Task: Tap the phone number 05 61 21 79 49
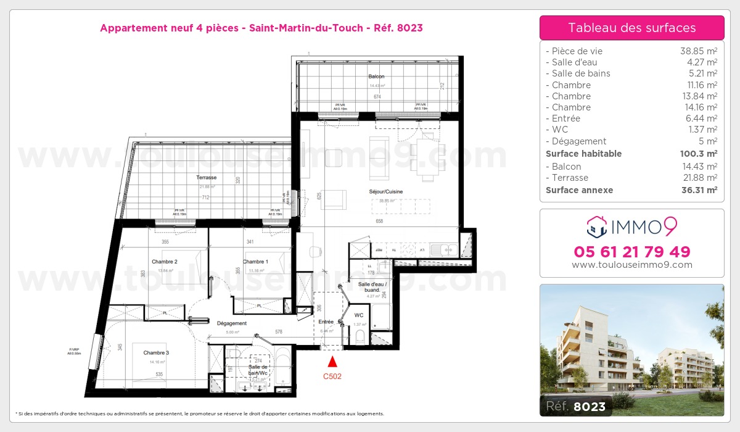[x=632, y=252]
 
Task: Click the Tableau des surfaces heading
[x=632, y=28]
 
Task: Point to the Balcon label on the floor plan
[x=376, y=77]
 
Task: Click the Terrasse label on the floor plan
[x=206, y=177]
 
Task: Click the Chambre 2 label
[x=165, y=262]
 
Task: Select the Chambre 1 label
[x=256, y=262]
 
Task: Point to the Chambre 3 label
[x=156, y=353]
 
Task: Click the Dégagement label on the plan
[x=232, y=323]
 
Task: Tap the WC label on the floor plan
[x=359, y=315]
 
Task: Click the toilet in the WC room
[x=359, y=336]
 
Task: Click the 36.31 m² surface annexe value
[x=702, y=190]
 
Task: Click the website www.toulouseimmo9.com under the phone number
[x=632, y=265]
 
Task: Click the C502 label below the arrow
[x=333, y=375]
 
